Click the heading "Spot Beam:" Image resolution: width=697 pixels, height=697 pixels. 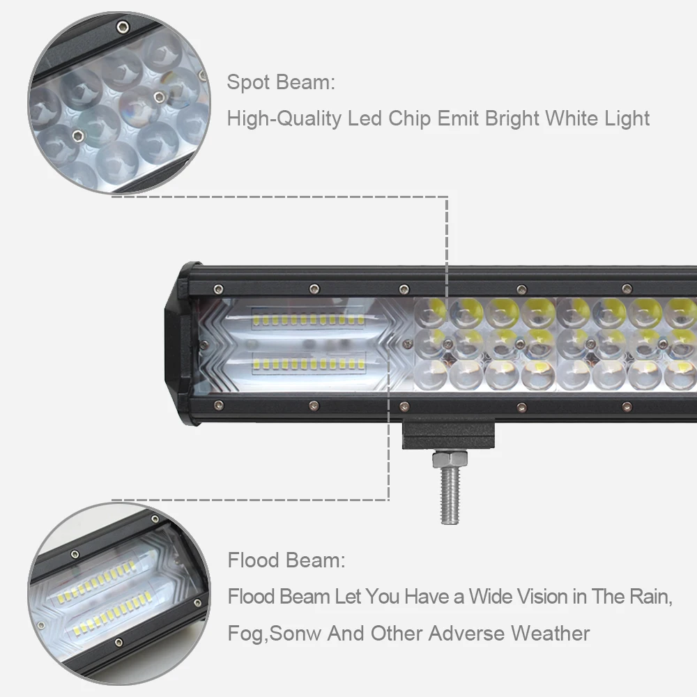tap(281, 82)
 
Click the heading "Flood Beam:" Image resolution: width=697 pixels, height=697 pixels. tap(286, 560)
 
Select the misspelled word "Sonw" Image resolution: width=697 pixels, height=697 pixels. tap(295, 633)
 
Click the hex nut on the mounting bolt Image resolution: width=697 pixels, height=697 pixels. tap(450, 459)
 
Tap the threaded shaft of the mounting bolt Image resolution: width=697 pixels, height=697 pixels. tap(450, 495)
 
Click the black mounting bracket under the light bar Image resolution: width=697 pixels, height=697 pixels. tap(448, 436)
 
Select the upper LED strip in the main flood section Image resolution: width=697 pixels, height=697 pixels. tap(308, 319)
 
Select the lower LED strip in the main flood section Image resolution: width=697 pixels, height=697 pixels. tap(308, 365)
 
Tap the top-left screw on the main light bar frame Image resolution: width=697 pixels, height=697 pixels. tap(217, 289)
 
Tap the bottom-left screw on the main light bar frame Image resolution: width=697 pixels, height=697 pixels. tap(218, 405)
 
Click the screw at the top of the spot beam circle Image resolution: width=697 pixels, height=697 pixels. tap(123, 26)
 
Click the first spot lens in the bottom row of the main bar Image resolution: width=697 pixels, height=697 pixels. tap(430, 374)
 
